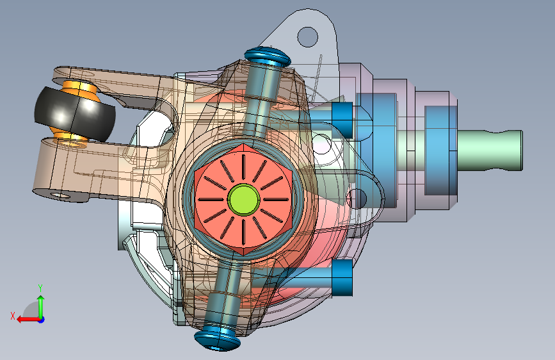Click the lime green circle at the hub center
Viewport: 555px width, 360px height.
coord(243,199)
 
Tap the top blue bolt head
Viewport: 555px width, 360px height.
coord(268,56)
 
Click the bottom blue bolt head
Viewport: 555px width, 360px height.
coord(218,341)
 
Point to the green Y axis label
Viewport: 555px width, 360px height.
coord(40,288)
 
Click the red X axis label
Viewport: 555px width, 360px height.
coord(13,316)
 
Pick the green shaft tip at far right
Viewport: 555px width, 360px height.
coord(490,151)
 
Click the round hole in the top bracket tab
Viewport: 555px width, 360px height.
coord(307,37)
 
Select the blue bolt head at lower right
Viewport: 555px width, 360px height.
coord(342,278)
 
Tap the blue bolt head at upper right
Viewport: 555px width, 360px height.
coord(342,120)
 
